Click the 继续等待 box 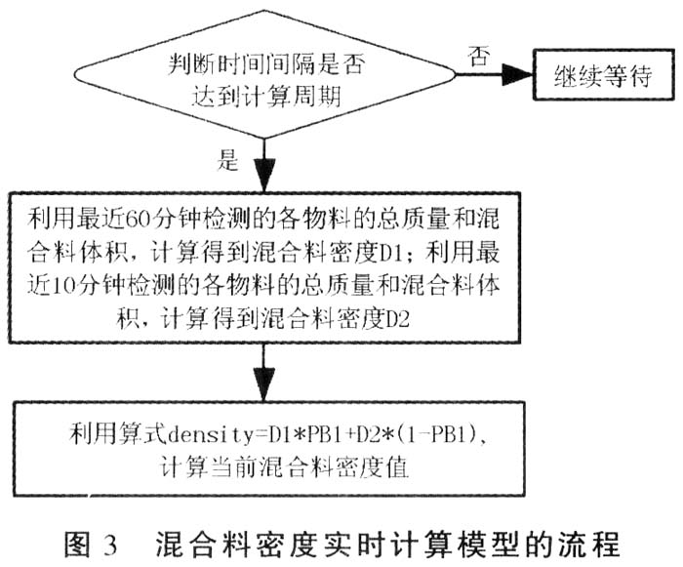point(602,73)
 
